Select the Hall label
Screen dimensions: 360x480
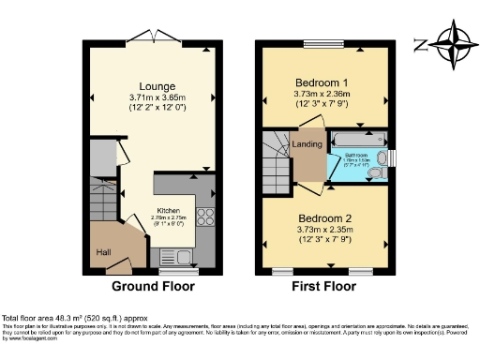[x=103, y=251]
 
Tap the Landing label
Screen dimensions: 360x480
[x=311, y=144]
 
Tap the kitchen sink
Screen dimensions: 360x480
[x=175, y=254]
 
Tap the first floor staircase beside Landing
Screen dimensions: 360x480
[x=278, y=159]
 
